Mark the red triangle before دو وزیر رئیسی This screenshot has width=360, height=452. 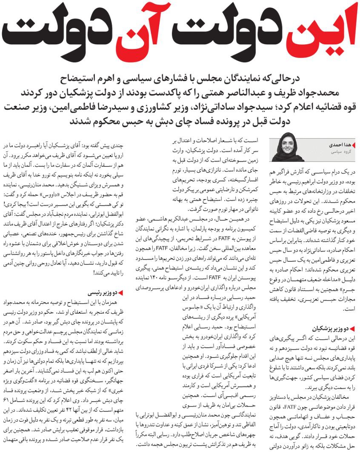click(121, 293)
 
